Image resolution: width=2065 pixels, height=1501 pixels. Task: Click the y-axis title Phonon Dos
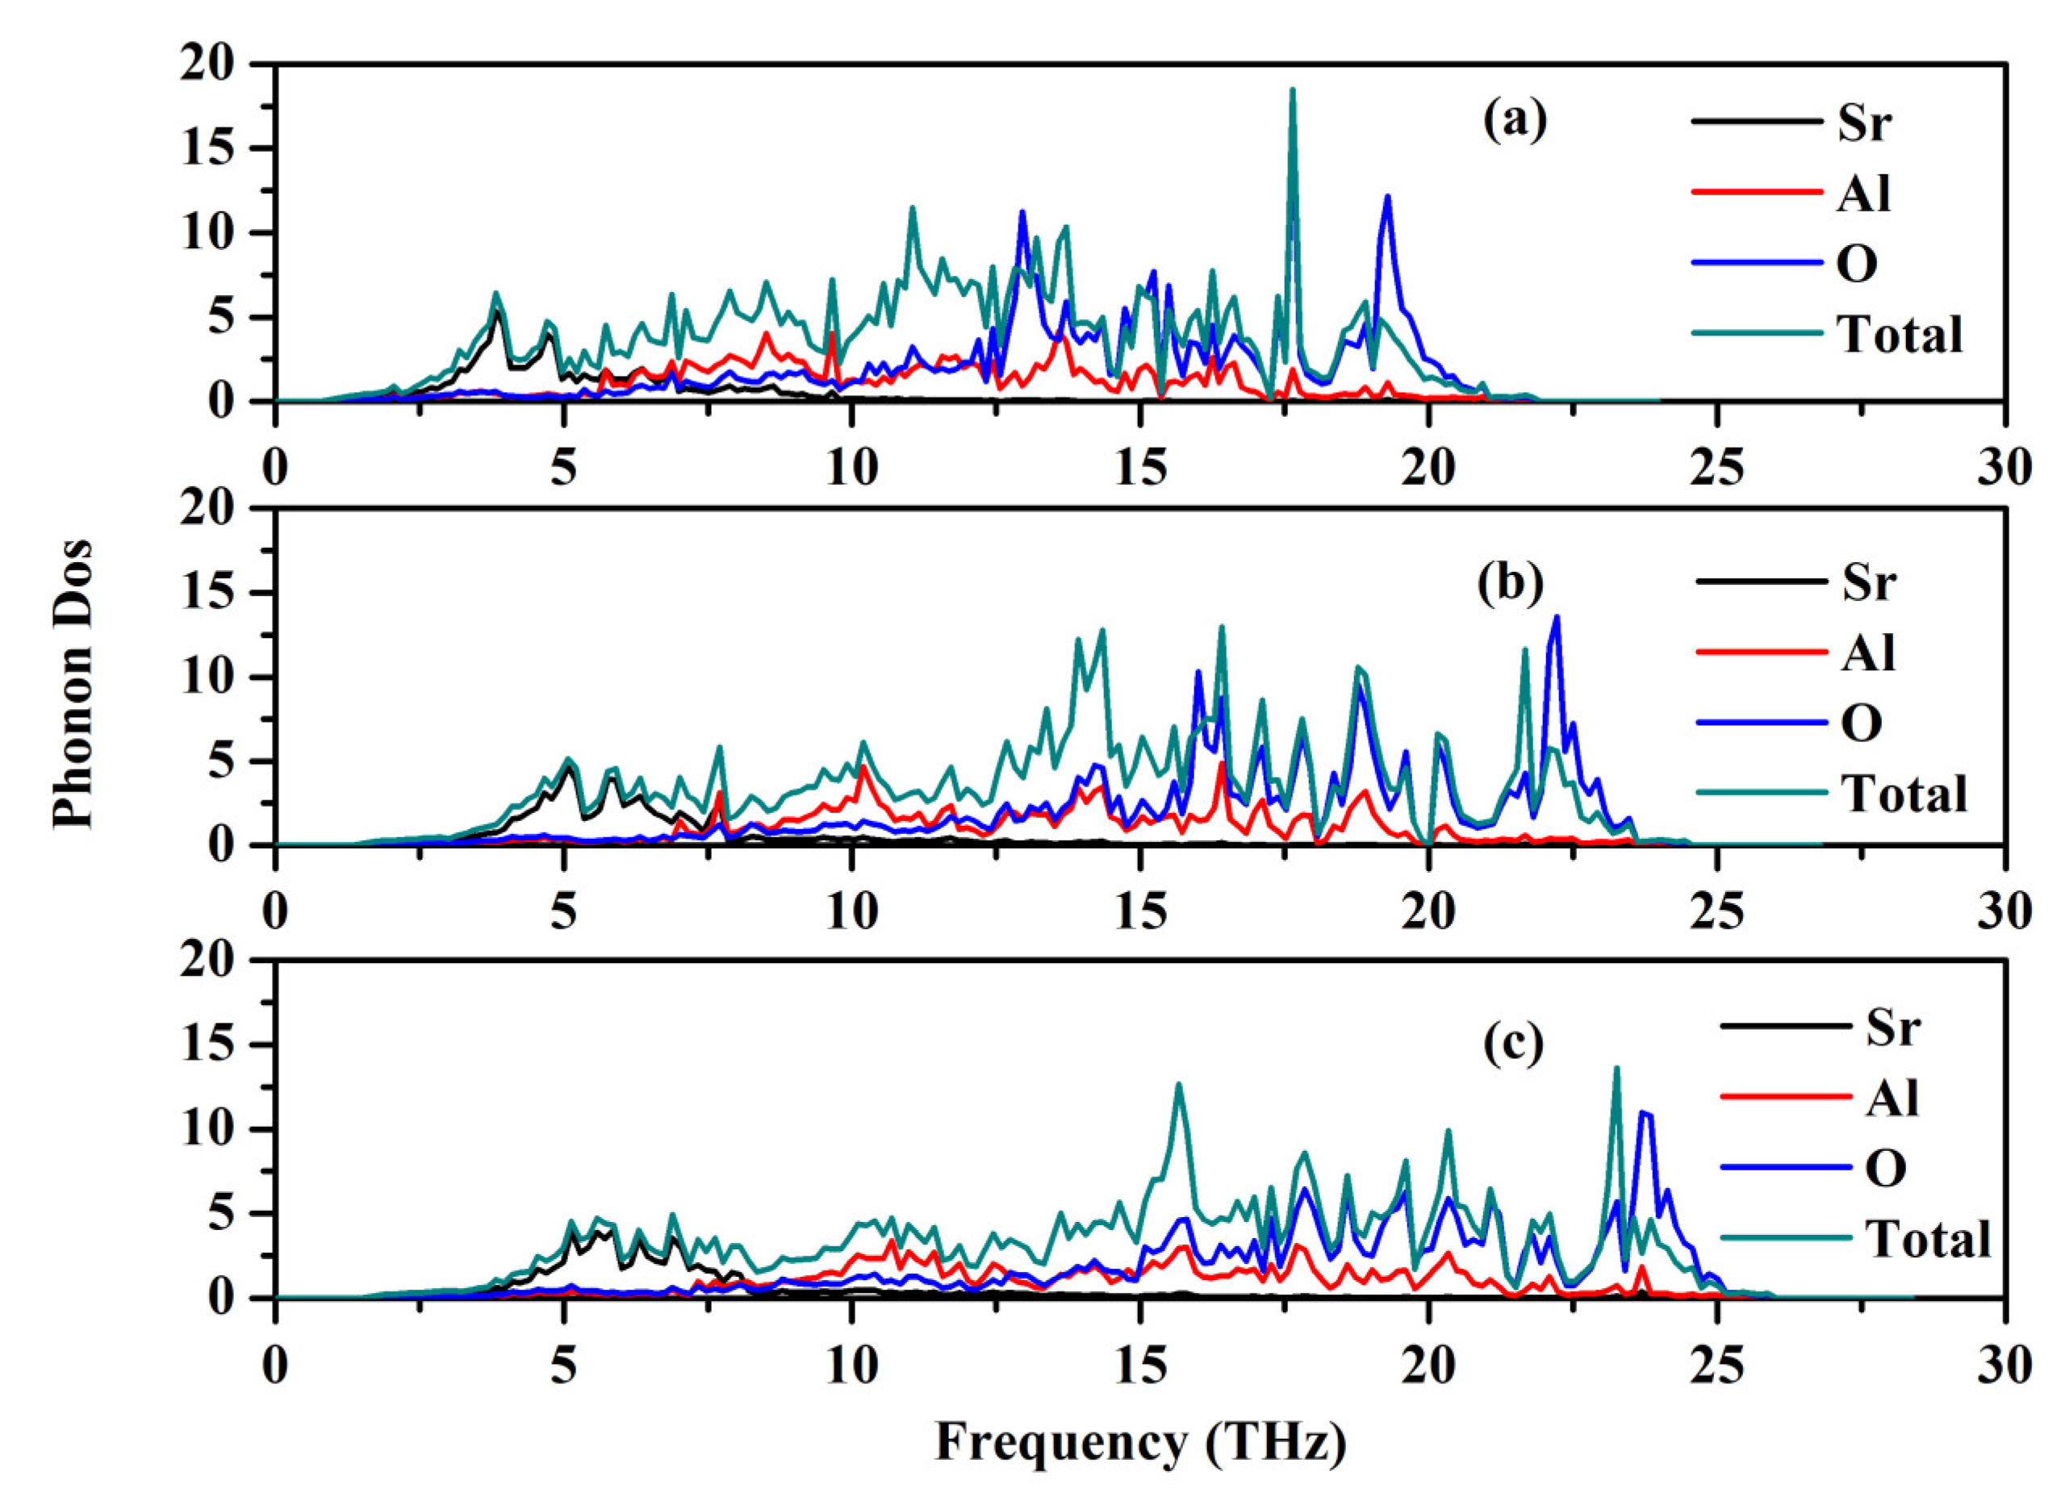[73, 682]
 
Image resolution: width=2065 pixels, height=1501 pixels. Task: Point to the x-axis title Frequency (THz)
[1140, 1442]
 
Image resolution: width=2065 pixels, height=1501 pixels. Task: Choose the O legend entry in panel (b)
[1862, 723]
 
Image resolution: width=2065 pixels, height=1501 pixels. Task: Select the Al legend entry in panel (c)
[1892, 1099]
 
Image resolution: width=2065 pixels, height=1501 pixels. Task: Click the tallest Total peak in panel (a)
[1292, 91]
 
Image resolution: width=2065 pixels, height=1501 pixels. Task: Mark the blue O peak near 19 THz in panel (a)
[1386, 198]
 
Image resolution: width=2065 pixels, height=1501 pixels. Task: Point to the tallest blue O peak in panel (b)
[1556, 618]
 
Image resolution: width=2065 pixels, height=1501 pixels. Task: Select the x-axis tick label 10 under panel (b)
[851, 911]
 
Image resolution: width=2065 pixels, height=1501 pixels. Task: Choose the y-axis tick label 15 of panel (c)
[207, 1045]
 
